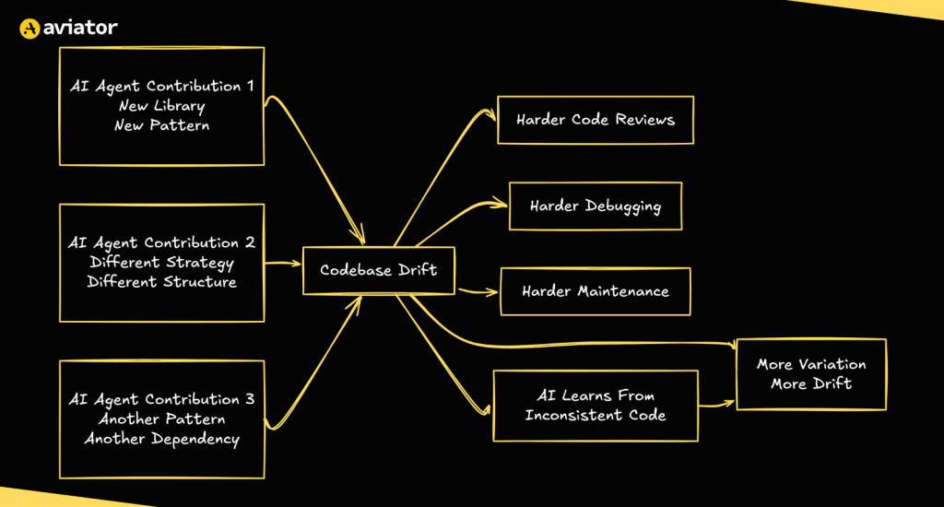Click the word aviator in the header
click(x=80, y=28)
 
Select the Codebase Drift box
click(x=378, y=270)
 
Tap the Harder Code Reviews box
click(x=595, y=120)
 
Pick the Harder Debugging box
click(x=595, y=206)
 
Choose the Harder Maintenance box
click(x=595, y=291)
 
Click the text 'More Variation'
click(x=811, y=364)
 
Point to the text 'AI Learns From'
click(x=596, y=395)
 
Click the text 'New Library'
click(x=161, y=106)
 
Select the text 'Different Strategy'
click(x=161, y=263)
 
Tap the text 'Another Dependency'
click(x=161, y=439)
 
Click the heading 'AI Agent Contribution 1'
click(x=161, y=86)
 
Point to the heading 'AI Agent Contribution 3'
click(x=161, y=399)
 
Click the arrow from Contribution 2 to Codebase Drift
click(x=284, y=264)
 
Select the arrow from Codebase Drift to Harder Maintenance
click(x=477, y=291)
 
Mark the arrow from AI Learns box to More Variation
click(x=716, y=404)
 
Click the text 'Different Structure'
click(x=161, y=282)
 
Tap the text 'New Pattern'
click(x=161, y=125)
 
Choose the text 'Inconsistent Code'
click(x=596, y=415)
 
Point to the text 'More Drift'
click(x=811, y=383)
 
